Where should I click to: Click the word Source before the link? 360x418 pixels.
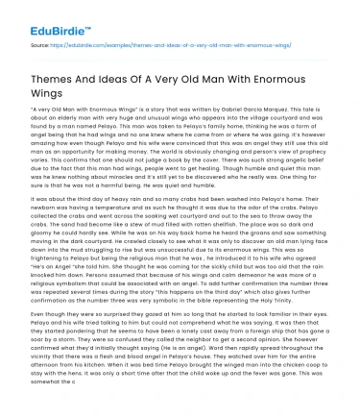(x=39, y=45)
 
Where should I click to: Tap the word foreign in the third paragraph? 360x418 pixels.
(x=242, y=361)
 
